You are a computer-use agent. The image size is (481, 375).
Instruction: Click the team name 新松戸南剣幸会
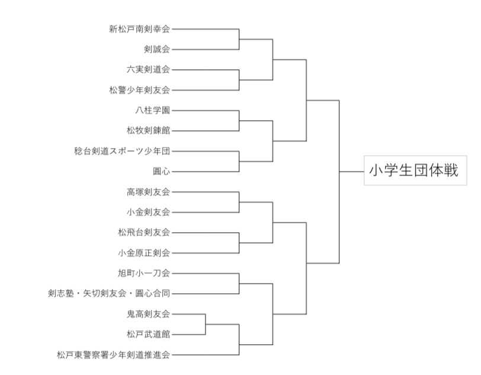coord(139,28)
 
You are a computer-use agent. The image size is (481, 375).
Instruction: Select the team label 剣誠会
coord(156,49)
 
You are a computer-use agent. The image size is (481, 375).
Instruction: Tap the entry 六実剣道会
coord(148,69)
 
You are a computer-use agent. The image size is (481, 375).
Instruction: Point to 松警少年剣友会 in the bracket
coord(139,90)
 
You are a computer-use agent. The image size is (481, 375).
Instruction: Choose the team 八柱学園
coord(152,110)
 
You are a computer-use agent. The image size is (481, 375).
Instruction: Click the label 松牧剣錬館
coord(148,130)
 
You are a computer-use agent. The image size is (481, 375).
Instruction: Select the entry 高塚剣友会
coord(148,191)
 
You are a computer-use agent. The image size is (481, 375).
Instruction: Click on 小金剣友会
coord(148,212)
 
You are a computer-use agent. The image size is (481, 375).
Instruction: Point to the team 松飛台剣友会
coord(144,232)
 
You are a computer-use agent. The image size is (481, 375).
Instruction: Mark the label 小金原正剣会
coord(144,253)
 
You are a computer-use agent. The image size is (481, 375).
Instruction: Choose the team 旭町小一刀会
coord(144,273)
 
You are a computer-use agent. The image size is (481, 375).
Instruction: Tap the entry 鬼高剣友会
coord(148,314)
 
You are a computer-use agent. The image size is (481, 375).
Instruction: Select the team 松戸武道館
coord(148,334)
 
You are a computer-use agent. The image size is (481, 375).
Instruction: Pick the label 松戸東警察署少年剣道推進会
coord(113,355)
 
